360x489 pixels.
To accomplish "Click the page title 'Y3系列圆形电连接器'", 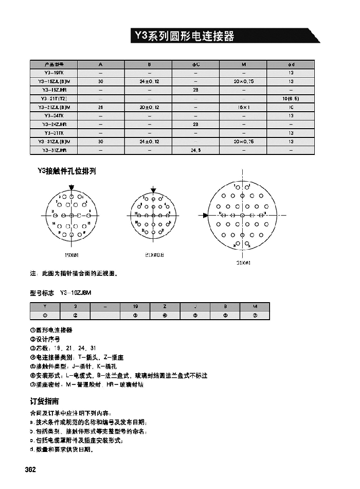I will coord(184,36).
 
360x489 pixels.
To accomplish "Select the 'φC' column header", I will coord(195,64).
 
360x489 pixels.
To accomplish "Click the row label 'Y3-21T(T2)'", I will coord(53,98).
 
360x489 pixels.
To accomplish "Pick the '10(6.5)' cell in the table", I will coord(291,98).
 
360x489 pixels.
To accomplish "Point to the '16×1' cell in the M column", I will coord(243,107).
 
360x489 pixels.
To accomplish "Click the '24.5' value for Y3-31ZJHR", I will coord(195,150).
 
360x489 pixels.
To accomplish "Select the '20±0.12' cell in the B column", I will coord(149,107).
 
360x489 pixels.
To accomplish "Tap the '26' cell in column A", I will coord(100,107).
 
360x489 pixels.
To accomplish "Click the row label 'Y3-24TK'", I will coord(53,116).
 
